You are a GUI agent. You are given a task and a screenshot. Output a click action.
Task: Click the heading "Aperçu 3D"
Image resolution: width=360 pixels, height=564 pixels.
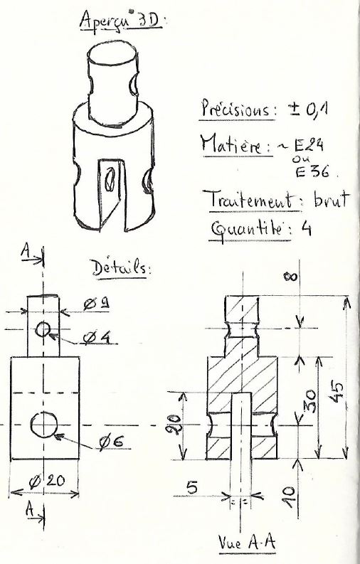[120, 20]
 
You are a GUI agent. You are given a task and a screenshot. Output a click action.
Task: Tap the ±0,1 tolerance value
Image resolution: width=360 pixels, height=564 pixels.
[307, 109]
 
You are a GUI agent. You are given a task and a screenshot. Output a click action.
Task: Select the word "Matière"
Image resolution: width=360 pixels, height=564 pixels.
[236, 144]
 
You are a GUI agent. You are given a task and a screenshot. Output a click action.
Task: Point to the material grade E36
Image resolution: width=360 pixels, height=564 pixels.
[312, 171]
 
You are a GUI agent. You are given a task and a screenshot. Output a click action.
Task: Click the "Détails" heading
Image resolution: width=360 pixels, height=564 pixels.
[120, 268]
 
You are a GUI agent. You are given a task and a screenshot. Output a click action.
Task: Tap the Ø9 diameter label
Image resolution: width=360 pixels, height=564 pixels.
[96, 304]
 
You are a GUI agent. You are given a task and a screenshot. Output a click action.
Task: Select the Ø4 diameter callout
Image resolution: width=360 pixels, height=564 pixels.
[96, 337]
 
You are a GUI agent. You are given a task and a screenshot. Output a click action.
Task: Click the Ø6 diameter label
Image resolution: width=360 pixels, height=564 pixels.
[112, 442]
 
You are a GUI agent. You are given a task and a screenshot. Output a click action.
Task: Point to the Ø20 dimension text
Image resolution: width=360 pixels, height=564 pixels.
[47, 481]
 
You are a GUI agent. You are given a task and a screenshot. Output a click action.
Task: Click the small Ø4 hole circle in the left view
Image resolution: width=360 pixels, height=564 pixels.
[43, 329]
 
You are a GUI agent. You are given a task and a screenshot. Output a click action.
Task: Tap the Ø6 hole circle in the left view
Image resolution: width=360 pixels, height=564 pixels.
[44, 425]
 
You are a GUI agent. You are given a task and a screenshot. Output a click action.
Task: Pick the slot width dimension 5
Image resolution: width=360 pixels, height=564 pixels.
[192, 488]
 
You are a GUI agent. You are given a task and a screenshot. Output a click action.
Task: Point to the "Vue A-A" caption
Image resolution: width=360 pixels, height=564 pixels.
[247, 543]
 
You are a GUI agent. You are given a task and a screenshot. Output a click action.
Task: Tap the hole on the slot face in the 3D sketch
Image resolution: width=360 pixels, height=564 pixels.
[110, 179]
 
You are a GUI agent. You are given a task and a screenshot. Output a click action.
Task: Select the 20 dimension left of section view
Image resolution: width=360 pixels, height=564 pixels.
[174, 425]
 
